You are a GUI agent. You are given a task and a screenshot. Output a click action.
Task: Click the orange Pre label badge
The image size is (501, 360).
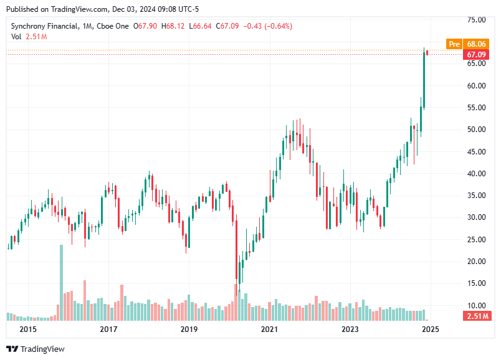pyautogui.click(x=454, y=44)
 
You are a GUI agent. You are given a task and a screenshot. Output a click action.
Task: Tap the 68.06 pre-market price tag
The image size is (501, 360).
pyautogui.click(x=476, y=44)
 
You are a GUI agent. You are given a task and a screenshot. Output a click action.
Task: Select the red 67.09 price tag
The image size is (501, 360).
pyautogui.click(x=476, y=55)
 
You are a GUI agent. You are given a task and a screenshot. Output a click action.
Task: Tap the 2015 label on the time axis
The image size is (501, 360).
pyautogui.click(x=28, y=329)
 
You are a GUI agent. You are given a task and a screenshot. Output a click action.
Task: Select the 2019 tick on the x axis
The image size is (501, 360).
pyautogui.click(x=189, y=329)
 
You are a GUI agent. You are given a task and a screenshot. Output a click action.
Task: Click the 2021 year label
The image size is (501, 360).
pyautogui.click(x=269, y=329)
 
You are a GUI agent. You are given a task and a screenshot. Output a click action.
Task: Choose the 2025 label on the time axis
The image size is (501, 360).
pyautogui.click(x=429, y=329)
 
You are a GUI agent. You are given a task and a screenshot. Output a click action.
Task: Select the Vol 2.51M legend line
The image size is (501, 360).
pyautogui.click(x=29, y=37)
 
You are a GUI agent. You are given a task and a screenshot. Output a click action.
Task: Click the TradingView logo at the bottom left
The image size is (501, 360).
pyautogui.click(x=36, y=349)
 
